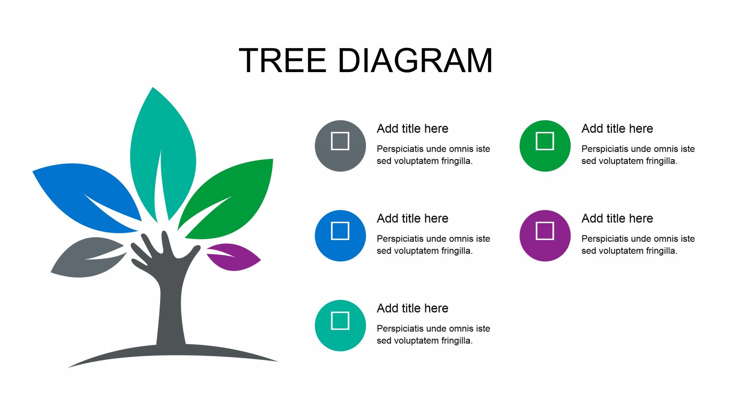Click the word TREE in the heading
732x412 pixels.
(283, 60)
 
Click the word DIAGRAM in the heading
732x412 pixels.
(415, 60)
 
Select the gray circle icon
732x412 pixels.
(340, 146)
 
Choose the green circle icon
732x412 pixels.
(545, 146)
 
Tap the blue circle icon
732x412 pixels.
(340, 236)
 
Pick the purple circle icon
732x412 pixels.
(545, 236)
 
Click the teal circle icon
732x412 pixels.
(340, 325)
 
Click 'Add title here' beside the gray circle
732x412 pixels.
(413, 129)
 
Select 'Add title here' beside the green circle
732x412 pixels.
(617, 129)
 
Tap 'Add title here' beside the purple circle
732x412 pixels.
(617, 218)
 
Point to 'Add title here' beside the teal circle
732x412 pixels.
(413, 308)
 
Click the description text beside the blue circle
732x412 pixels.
(433, 245)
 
